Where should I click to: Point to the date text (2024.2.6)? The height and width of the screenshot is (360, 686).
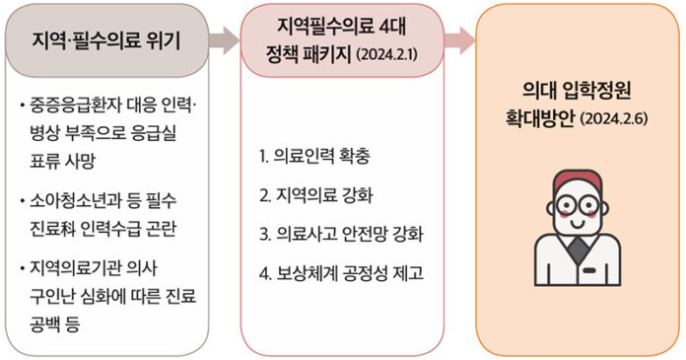click(x=619, y=119)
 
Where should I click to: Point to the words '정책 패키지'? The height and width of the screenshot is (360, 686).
click(x=309, y=51)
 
